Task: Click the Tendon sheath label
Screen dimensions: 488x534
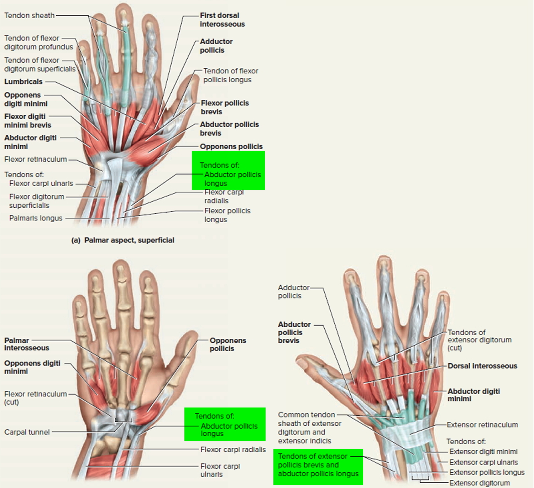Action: tap(30, 16)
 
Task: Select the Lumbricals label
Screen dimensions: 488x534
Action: tap(23, 82)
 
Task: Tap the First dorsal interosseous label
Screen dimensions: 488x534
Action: tap(222, 20)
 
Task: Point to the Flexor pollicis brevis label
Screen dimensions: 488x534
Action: tap(224, 107)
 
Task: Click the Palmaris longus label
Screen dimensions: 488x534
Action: tap(36, 218)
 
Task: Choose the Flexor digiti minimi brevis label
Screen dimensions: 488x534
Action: tap(28, 121)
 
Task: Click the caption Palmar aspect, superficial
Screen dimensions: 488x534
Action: tap(123, 240)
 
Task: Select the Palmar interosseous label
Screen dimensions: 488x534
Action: tap(26, 344)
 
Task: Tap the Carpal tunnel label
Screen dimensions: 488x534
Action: tap(27, 432)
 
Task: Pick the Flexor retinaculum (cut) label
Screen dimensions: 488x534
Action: tap(35, 398)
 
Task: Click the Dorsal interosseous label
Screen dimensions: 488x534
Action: tap(482, 366)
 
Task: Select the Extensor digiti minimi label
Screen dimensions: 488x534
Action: tap(483, 452)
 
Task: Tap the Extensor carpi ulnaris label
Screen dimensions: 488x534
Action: tap(483, 462)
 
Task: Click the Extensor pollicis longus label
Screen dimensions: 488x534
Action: tap(487, 472)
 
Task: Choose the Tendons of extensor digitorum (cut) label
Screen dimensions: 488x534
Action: tap(479, 340)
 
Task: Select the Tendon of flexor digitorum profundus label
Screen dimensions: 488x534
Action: tap(38, 42)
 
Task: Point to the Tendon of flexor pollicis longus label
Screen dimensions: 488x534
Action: tap(230, 75)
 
